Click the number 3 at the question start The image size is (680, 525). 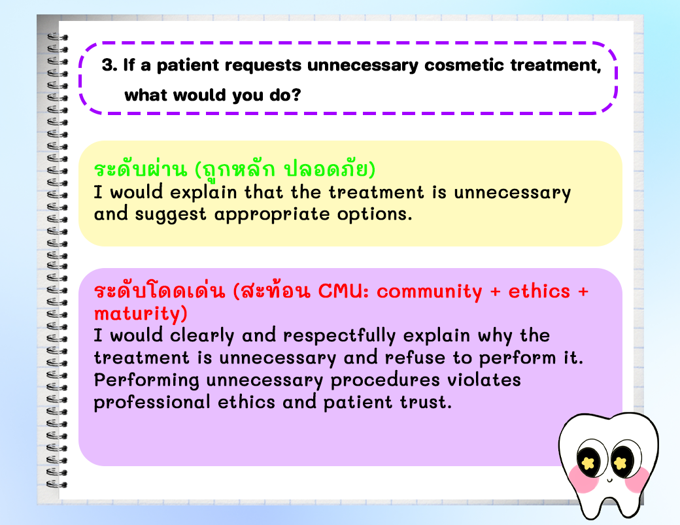pos(107,65)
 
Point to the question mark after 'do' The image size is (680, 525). pos(296,95)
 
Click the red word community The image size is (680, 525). pos(430,292)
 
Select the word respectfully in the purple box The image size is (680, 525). pos(339,336)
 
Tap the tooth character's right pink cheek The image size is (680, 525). pos(637,479)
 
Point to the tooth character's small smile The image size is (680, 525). pos(609,480)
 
